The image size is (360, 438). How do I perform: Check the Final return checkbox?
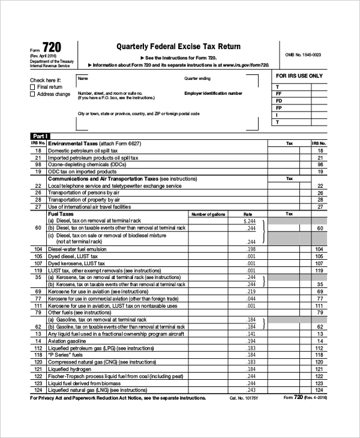(x=32, y=87)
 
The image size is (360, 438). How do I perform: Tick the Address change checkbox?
(x=32, y=94)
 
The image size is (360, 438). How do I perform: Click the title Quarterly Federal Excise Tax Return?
(x=178, y=46)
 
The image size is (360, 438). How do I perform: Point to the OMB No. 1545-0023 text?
(x=303, y=55)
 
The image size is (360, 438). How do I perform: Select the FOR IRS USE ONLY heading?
(x=299, y=76)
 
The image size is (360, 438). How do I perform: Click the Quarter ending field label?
(x=197, y=79)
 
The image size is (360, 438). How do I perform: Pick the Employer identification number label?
(x=213, y=93)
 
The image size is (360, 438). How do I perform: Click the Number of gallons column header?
(x=208, y=214)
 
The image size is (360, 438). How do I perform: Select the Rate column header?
(x=248, y=214)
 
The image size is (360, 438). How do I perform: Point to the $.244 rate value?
(x=250, y=221)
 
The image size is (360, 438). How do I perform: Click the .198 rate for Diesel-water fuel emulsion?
(x=251, y=249)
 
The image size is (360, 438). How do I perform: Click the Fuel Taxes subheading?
(x=61, y=214)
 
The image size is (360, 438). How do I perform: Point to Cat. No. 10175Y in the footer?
(x=242, y=398)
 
